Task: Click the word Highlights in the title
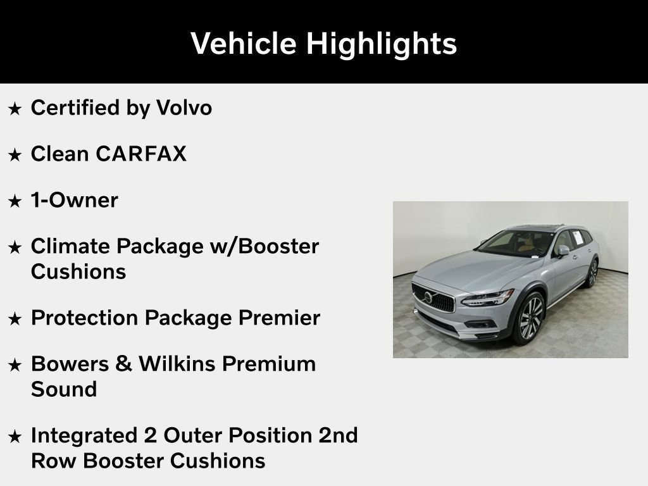click(x=381, y=44)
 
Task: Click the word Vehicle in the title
click(x=244, y=44)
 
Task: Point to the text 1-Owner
click(x=74, y=201)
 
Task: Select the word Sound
click(x=63, y=389)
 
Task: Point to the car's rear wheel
click(x=592, y=273)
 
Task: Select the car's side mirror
click(x=562, y=251)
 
